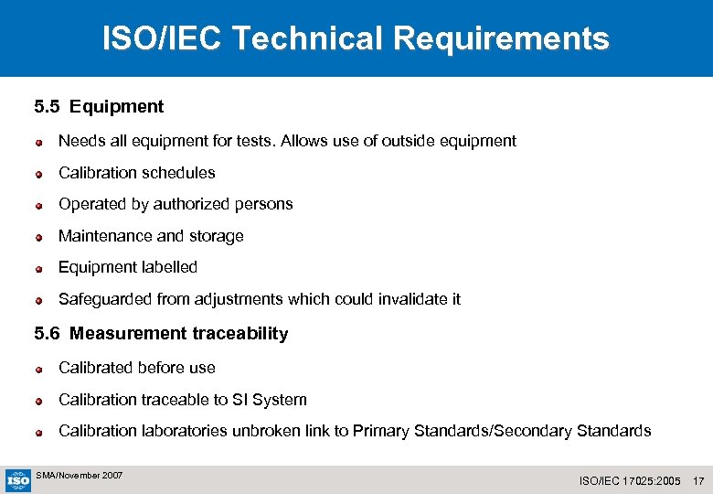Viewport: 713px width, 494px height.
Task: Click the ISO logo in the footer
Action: (17, 479)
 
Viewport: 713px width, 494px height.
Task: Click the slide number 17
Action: (698, 480)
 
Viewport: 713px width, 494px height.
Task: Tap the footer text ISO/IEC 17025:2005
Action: (631, 480)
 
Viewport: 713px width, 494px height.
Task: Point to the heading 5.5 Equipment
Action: (99, 107)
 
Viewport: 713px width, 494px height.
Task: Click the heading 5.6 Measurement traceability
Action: (161, 334)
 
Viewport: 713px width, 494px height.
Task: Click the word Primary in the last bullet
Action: (381, 431)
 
